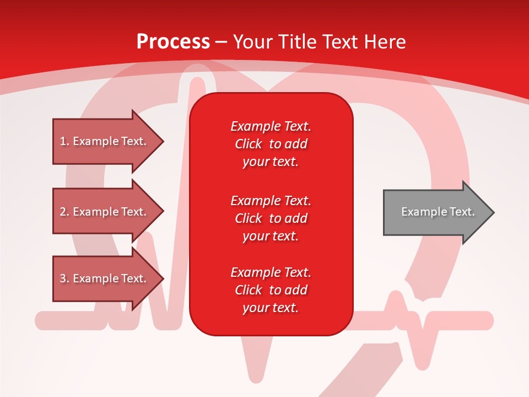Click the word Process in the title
click(173, 41)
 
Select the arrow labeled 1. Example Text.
click(105, 141)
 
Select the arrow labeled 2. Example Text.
click(105, 212)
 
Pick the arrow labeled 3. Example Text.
click(105, 278)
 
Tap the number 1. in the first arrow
click(64, 141)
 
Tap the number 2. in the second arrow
click(64, 212)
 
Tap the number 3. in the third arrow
click(64, 278)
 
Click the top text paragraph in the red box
click(271, 144)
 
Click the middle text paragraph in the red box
click(271, 218)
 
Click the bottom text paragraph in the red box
click(271, 290)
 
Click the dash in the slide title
click(222, 42)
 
